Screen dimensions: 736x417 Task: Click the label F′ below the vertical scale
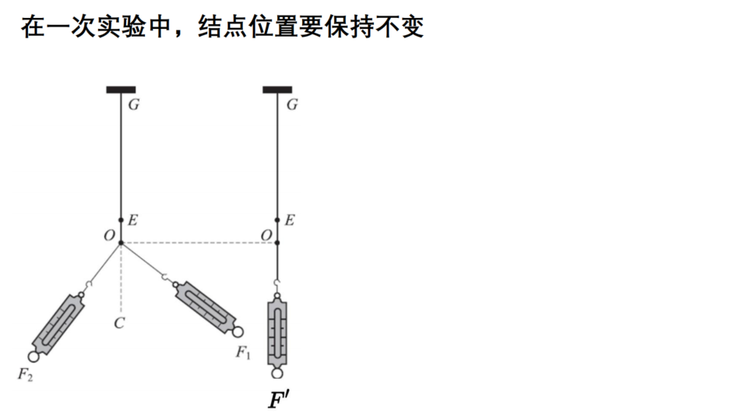click(x=278, y=400)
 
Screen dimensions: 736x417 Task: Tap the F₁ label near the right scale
click(x=243, y=352)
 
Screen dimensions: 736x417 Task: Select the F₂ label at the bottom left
click(x=26, y=375)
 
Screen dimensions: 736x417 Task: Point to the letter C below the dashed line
click(x=119, y=323)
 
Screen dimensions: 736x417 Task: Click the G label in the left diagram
click(x=134, y=104)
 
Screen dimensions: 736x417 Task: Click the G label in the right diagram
click(x=292, y=104)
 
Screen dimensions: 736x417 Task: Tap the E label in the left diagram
click(x=133, y=220)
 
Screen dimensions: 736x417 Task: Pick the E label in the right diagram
click(x=290, y=220)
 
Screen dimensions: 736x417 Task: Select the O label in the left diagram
click(x=109, y=235)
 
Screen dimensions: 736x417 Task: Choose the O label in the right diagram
click(x=266, y=235)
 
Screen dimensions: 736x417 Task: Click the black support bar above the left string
click(x=121, y=90)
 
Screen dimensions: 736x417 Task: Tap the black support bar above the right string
click(x=277, y=90)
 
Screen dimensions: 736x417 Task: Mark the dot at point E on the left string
click(x=121, y=220)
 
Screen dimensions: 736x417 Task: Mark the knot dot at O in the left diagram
click(x=121, y=242)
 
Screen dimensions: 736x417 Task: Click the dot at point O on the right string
click(x=277, y=242)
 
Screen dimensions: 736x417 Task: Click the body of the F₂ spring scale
click(x=58, y=324)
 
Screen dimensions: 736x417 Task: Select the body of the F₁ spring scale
click(x=205, y=308)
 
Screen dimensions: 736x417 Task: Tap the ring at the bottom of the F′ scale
click(x=277, y=373)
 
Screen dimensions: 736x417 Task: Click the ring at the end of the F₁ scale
click(x=238, y=331)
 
